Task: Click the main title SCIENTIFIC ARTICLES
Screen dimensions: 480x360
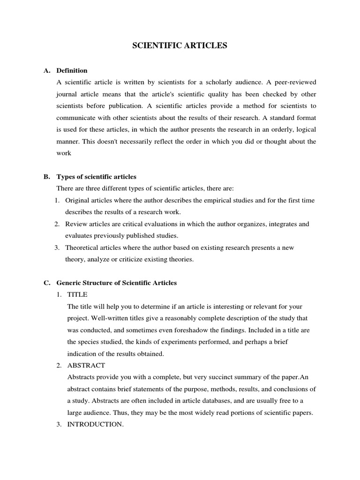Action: (x=180, y=46)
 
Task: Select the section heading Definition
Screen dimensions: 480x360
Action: (x=72, y=71)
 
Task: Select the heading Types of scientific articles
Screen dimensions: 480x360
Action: (x=96, y=177)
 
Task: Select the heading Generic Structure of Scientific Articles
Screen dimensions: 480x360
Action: (x=116, y=283)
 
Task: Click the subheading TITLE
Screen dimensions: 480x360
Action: (x=77, y=295)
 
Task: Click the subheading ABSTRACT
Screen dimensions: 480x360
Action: (x=86, y=365)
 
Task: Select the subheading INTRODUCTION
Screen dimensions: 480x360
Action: (x=96, y=425)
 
